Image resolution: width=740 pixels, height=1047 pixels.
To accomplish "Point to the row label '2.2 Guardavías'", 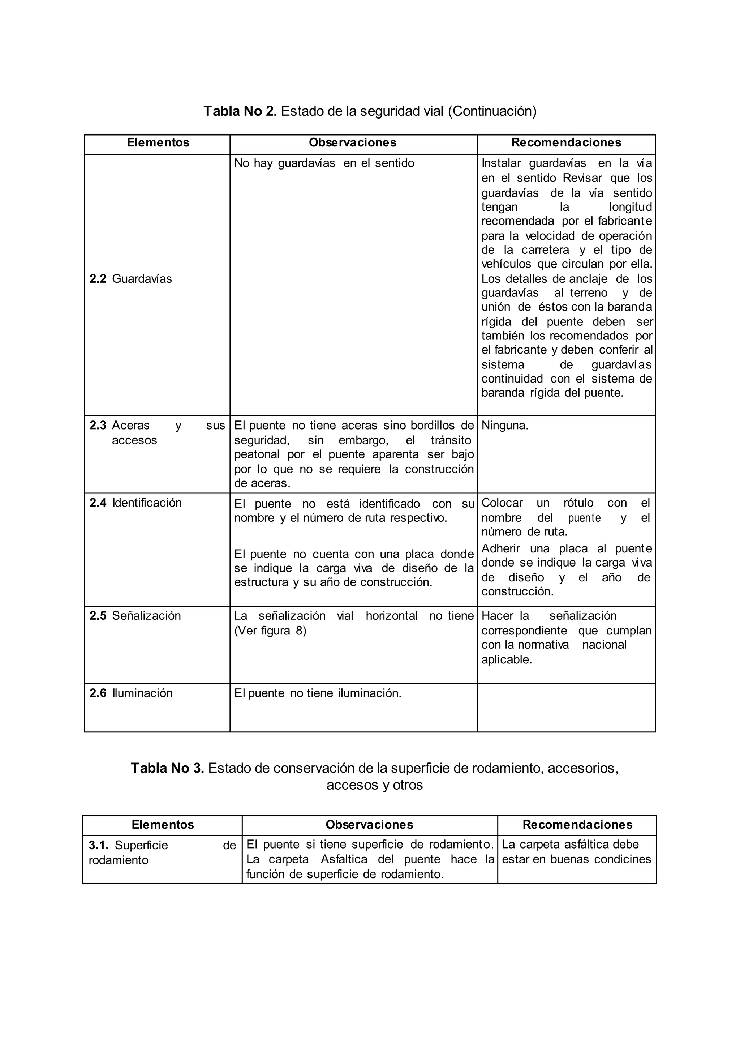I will coord(131,279).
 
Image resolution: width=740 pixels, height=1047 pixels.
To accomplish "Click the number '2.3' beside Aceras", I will coord(98,426).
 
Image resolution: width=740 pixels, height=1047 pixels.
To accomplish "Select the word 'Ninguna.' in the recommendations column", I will coord(505,426).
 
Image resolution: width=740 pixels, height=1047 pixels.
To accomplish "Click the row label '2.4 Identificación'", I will coord(136,503).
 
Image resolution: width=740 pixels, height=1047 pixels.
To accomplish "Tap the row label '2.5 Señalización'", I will coord(135,616).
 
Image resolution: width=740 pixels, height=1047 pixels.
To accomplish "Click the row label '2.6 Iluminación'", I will coord(131,693).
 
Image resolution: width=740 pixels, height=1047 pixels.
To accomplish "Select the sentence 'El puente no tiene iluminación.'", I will coord(318,693).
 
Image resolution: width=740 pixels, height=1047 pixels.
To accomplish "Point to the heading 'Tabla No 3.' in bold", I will coord(167,768).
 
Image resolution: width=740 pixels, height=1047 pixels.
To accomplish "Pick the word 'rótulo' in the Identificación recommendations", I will coord(578,503).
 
